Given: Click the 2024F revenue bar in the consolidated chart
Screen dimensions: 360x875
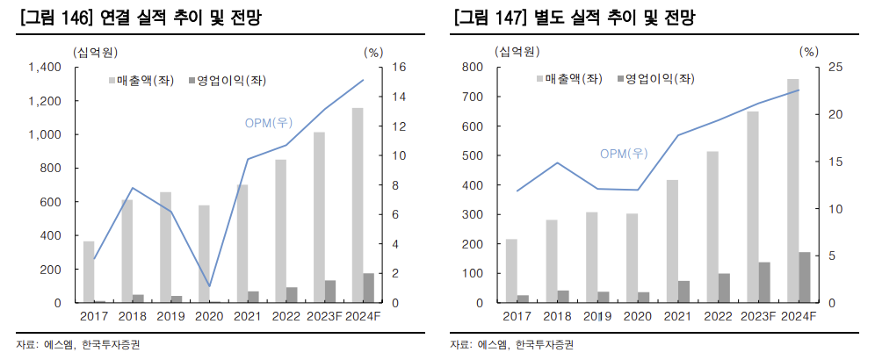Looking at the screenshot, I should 358,205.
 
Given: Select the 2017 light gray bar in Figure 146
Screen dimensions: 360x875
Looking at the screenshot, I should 88,271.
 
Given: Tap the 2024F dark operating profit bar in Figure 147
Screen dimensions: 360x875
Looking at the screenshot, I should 804,277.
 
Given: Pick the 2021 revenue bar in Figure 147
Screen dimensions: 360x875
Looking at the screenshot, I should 672,241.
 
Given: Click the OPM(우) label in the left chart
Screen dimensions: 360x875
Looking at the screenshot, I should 268,122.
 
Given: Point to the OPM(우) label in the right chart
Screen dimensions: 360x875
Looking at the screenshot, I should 624,154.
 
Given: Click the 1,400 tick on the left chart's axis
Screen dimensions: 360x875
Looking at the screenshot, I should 44,68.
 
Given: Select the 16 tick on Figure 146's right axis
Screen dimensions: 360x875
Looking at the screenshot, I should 398,68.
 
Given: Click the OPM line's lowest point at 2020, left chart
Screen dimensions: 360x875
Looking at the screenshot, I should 209,286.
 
